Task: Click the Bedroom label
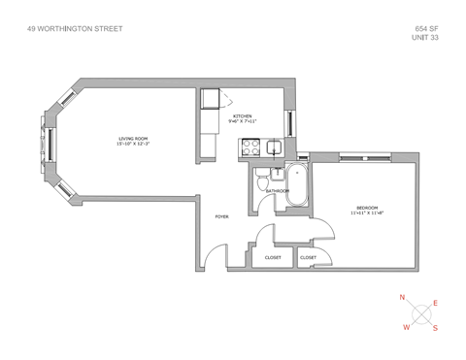click(367, 207)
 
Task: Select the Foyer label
click(221, 217)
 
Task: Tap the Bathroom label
click(279, 191)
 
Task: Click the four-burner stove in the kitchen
click(250, 147)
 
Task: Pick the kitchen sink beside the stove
click(275, 147)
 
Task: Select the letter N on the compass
click(403, 297)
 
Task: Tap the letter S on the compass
click(435, 328)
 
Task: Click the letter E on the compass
click(435, 304)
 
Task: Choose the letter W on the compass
click(406, 328)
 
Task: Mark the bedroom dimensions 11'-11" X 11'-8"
click(367, 213)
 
